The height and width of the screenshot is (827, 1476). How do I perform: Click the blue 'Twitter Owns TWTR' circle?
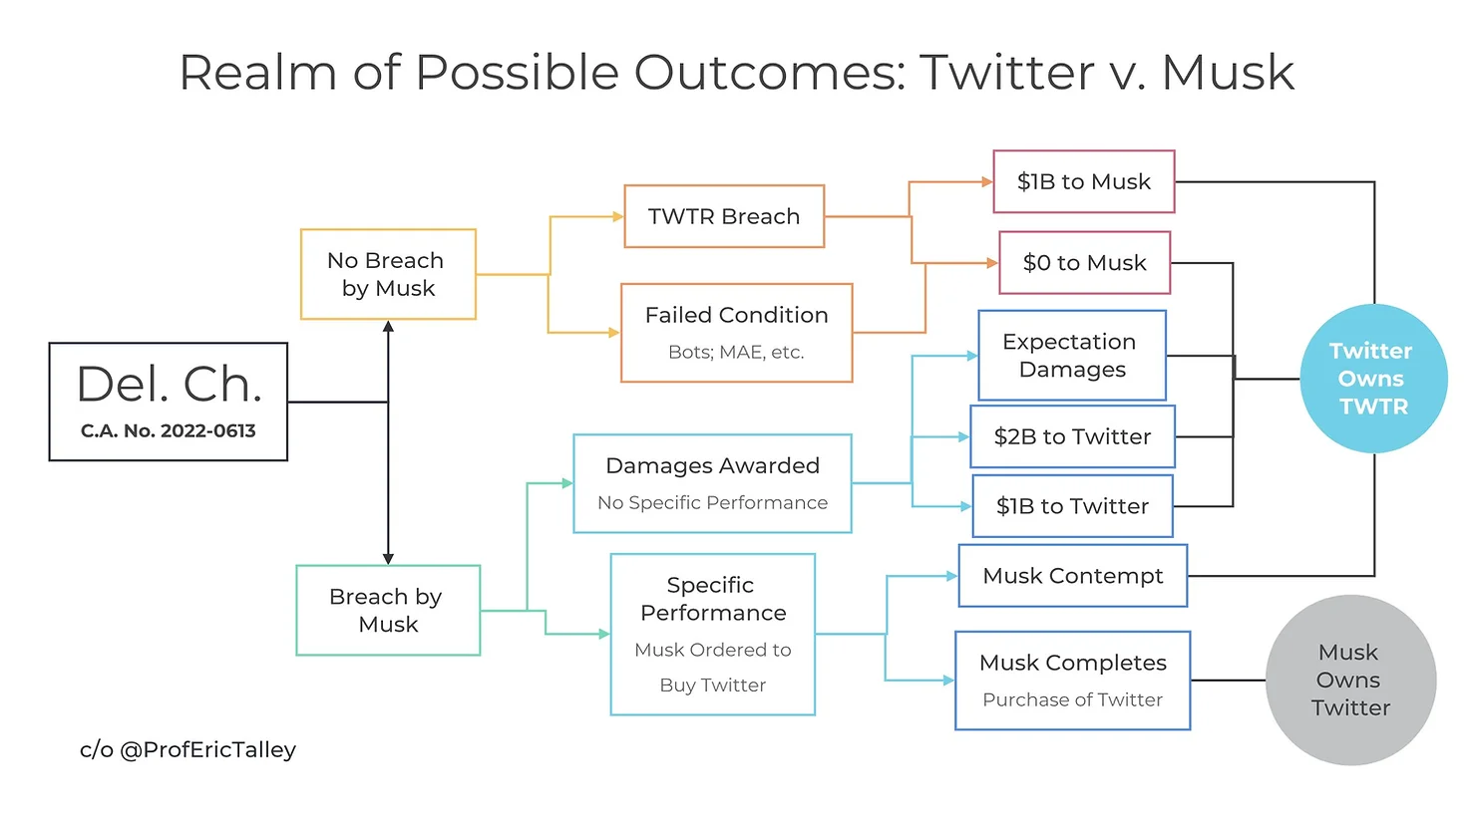point(1374,379)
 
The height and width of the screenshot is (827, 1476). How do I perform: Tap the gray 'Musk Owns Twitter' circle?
point(1350,681)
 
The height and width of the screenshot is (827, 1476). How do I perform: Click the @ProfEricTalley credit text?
point(188,750)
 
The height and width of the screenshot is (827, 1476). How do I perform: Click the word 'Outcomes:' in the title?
point(770,72)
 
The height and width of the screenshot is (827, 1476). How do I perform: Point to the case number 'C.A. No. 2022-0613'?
point(168,430)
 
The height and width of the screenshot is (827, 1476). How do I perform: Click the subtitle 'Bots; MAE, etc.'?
point(736,353)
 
